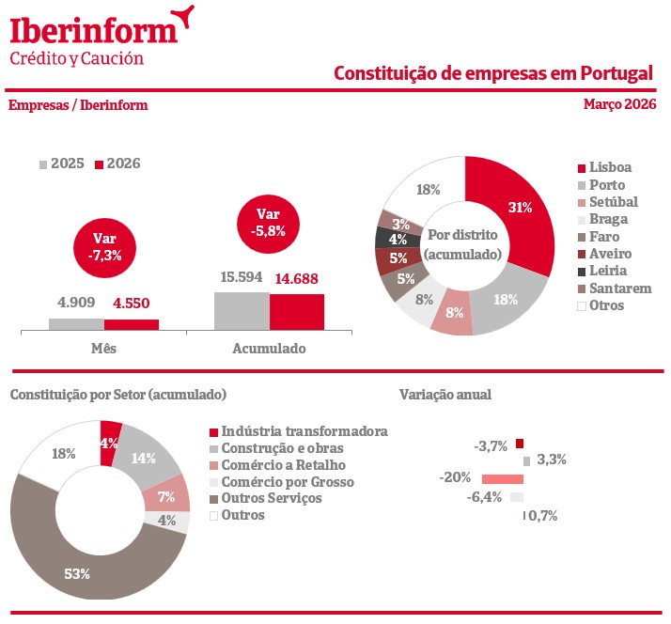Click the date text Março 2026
pyautogui.click(x=619, y=104)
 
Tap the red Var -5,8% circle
pyautogui.click(x=268, y=223)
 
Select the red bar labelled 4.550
pyautogui.click(x=132, y=324)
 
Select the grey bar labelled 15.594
pyautogui.click(x=242, y=311)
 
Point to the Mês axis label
pyautogui.click(x=102, y=348)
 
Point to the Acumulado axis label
pyautogui.click(x=269, y=348)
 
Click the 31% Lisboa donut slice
pyautogui.click(x=518, y=208)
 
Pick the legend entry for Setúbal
pyautogui.click(x=606, y=202)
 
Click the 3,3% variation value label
pyautogui.click(x=551, y=460)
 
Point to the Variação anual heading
pyautogui.click(x=445, y=395)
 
